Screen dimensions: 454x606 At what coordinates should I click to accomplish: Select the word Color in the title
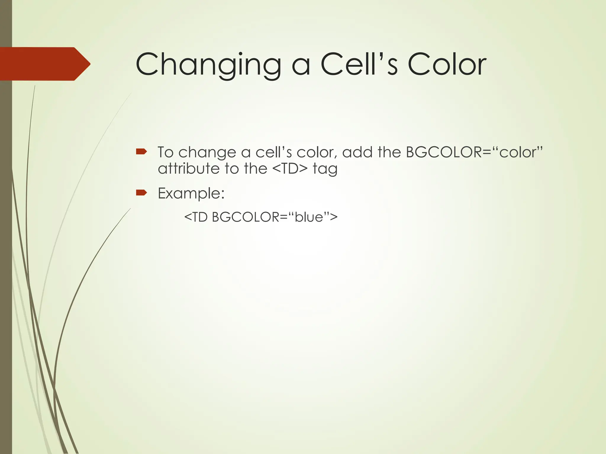coord(447,64)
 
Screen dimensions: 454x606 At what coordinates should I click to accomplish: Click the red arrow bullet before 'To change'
coord(141,152)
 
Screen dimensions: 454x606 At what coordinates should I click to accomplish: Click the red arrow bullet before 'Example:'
coord(141,193)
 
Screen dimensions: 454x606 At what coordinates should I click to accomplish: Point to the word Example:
coord(191,193)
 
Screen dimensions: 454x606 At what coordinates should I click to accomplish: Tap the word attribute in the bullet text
coord(188,169)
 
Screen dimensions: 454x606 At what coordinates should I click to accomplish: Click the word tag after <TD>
coord(325,169)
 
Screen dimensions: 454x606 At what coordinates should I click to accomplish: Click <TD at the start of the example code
coord(196,217)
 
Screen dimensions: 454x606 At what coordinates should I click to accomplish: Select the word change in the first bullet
coord(207,153)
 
